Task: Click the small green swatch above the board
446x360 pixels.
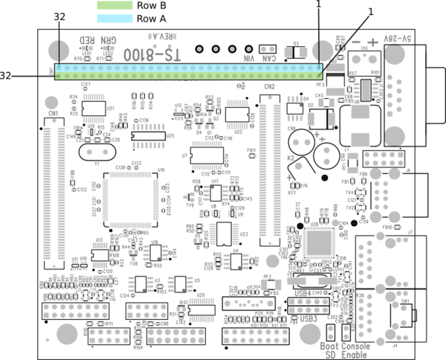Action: point(114,5)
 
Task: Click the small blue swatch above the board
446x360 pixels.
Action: point(114,19)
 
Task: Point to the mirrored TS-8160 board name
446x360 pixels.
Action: point(153,55)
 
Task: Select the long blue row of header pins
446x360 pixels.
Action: point(188,68)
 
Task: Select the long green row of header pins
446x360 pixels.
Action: point(188,75)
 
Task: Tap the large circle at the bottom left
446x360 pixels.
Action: point(67,334)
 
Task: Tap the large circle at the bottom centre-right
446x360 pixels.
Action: point(310,333)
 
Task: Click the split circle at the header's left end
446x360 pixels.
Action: point(59,51)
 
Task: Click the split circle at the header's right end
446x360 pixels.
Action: point(323,51)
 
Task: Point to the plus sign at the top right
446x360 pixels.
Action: point(372,42)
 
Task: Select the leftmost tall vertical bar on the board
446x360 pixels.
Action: point(48,193)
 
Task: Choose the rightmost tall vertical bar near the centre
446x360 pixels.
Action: point(277,171)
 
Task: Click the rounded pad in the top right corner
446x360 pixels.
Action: point(395,54)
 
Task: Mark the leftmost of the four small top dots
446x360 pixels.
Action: point(199,49)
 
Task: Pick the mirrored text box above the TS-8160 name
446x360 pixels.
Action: point(162,36)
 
